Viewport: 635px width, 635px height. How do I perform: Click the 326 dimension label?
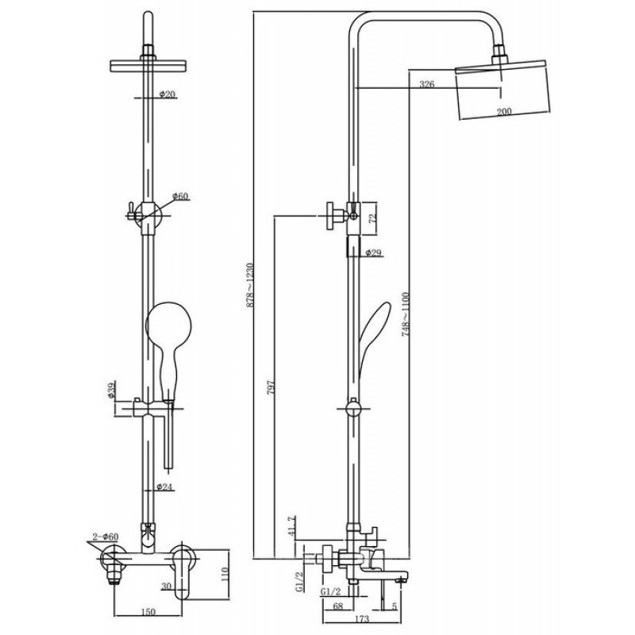(427, 84)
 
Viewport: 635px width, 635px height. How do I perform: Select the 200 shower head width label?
(504, 111)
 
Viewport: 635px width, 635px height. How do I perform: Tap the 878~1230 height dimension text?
(250, 285)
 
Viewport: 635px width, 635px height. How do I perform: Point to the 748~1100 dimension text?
(406, 314)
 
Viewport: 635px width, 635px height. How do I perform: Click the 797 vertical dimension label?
(271, 387)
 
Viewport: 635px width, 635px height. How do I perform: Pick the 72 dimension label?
(372, 217)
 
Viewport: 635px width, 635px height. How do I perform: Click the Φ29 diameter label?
(373, 253)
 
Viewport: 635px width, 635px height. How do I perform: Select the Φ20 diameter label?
(167, 94)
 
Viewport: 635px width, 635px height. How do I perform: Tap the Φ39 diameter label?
(112, 390)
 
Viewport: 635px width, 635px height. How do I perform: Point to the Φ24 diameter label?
(164, 487)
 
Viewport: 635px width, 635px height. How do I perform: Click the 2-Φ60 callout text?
(105, 537)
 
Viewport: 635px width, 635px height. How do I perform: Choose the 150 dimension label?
(148, 612)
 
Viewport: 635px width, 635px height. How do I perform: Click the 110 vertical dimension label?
(225, 574)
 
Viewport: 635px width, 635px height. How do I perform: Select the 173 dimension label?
(362, 619)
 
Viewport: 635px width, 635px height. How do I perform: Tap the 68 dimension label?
(337, 606)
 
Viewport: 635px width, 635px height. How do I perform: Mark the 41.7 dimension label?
(292, 525)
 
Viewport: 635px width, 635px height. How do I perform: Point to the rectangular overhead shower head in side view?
(503, 90)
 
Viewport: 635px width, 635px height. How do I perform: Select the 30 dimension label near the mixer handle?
(166, 586)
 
